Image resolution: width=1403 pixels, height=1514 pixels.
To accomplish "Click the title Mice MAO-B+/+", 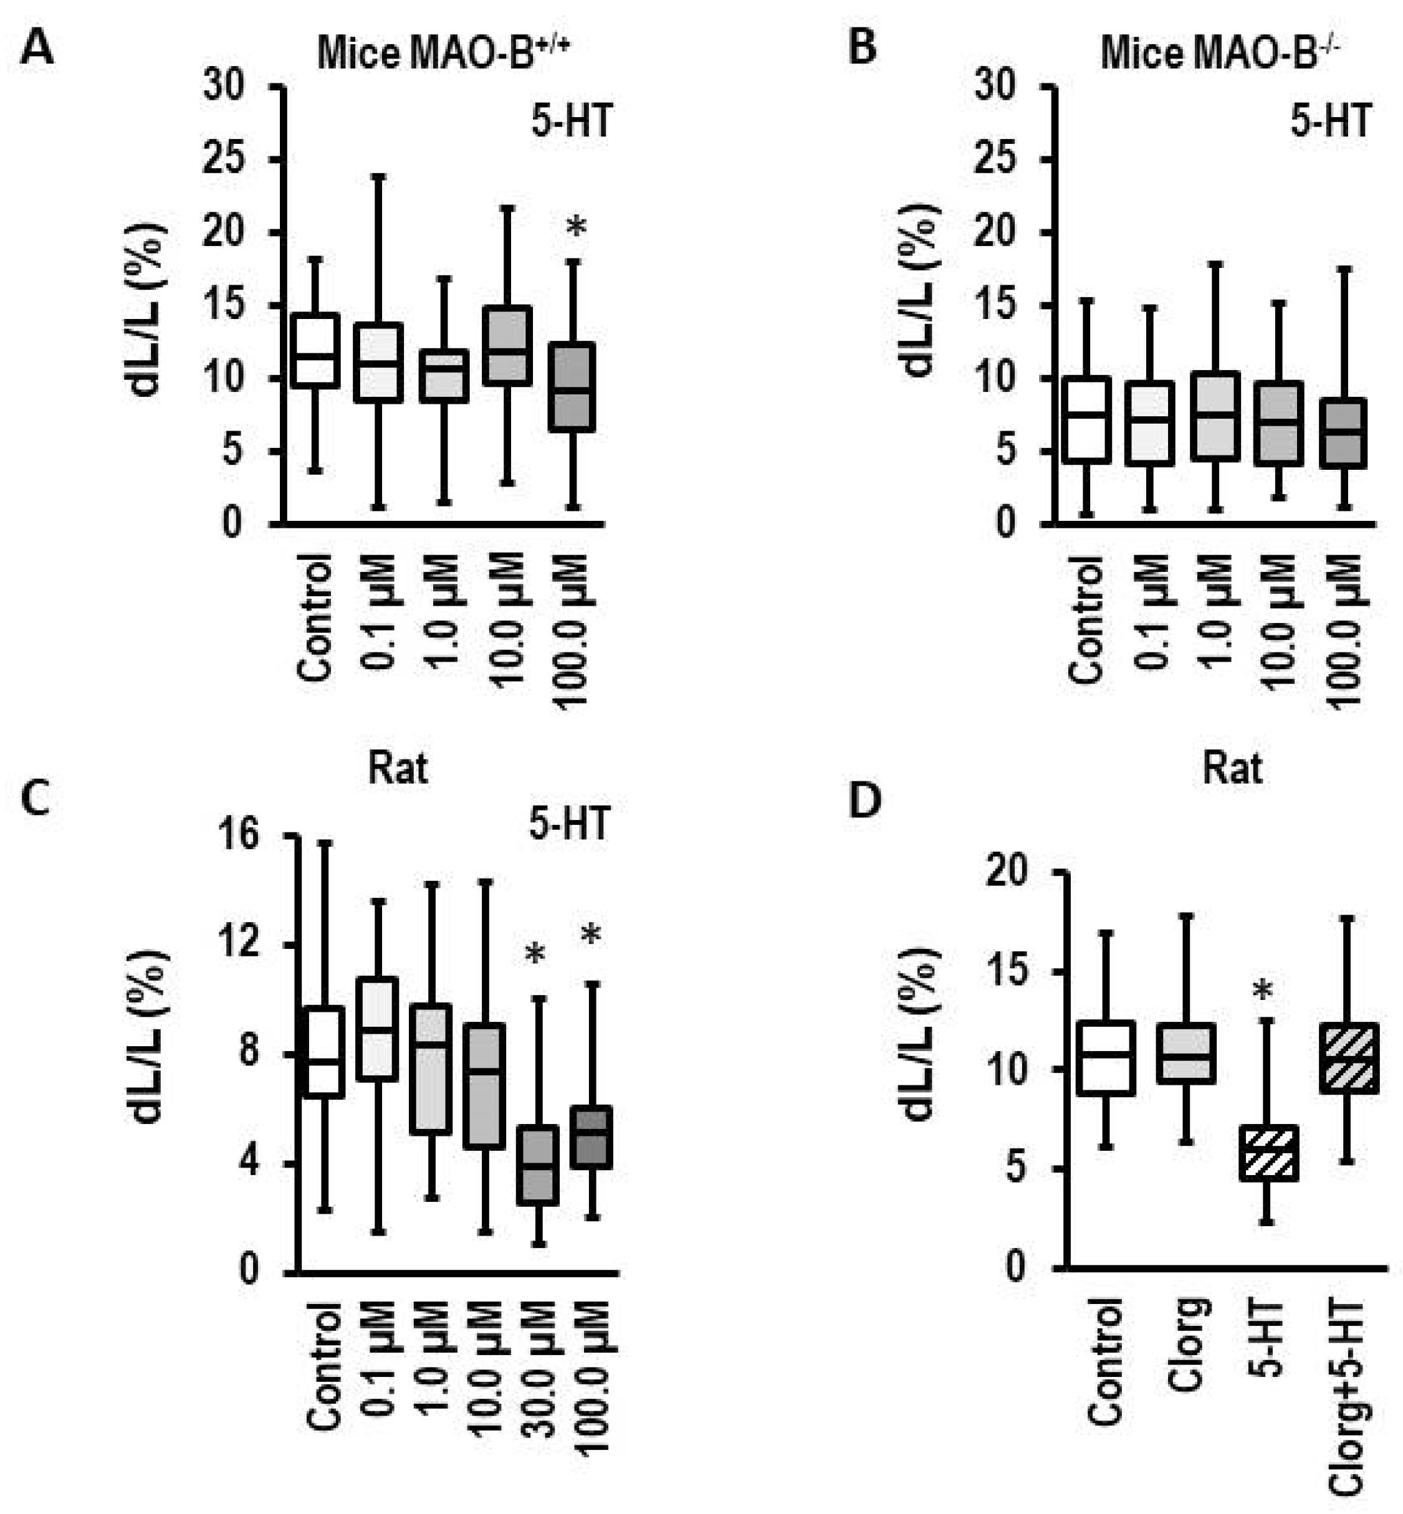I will coord(443,53).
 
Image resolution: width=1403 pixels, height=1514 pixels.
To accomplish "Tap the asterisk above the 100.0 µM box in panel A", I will coord(577,227).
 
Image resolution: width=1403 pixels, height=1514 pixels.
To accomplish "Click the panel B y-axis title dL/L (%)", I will coord(921,289).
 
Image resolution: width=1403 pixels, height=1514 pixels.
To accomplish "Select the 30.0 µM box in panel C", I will coord(539,1165).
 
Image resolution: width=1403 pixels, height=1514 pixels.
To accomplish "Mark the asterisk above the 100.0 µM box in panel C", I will coord(591,936).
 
